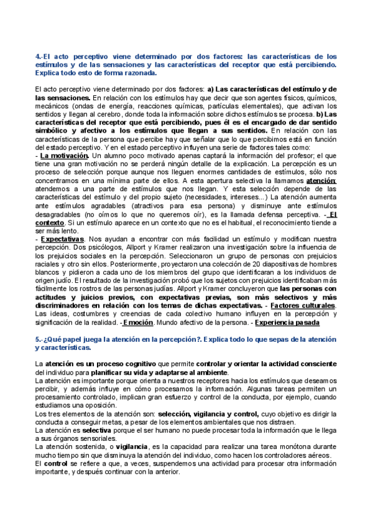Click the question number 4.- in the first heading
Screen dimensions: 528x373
pyautogui.click(x=40, y=57)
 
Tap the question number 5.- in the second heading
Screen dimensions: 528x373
pyautogui.click(x=40, y=339)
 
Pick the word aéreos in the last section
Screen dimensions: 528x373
pyautogui.click(x=316, y=455)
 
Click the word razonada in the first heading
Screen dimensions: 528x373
pyautogui.click(x=127, y=73)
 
